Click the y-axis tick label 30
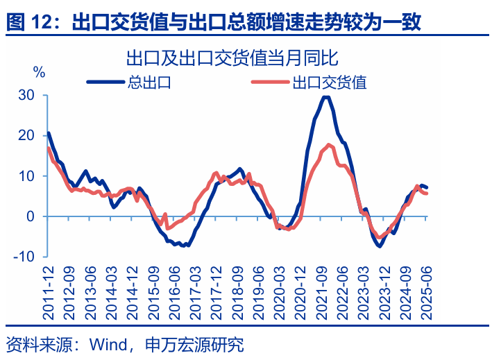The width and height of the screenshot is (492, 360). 26,95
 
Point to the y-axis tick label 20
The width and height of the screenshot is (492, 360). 26,135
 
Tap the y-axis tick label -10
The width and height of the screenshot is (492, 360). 24,256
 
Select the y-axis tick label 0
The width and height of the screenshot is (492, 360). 30,216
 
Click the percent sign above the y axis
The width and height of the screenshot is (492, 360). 40,71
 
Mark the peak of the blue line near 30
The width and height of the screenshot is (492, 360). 325,96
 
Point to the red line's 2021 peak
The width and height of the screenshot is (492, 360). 328,144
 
